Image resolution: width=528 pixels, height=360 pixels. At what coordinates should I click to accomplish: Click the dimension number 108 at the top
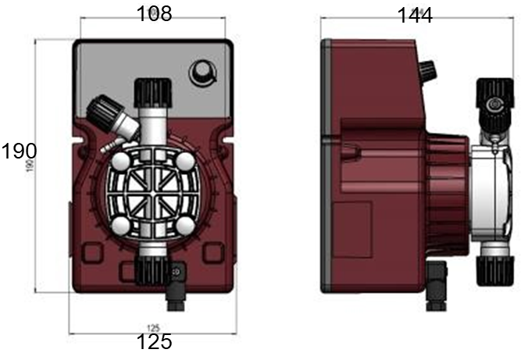pyautogui.click(x=154, y=13)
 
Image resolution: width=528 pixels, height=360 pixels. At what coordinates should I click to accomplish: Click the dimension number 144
pyautogui.click(x=415, y=16)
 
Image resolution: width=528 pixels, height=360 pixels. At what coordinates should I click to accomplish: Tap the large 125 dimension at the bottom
pyautogui.click(x=154, y=342)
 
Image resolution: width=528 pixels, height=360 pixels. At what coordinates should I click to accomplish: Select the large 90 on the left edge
pyautogui.click(x=26, y=151)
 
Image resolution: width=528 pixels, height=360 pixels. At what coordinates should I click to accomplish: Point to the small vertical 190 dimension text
pyautogui.click(x=30, y=167)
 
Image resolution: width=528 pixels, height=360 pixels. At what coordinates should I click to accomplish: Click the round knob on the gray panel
pyautogui.click(x=204, y=73)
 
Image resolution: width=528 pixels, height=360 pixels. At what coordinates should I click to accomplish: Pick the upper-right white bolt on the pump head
pyautogui.click(x=182, y=162)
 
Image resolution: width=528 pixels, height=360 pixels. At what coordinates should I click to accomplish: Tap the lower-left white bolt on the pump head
pyautogui.click(x=120, y=225)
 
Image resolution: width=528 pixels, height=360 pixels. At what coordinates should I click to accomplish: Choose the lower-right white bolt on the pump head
pyautogui.click(x=182, y=225)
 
